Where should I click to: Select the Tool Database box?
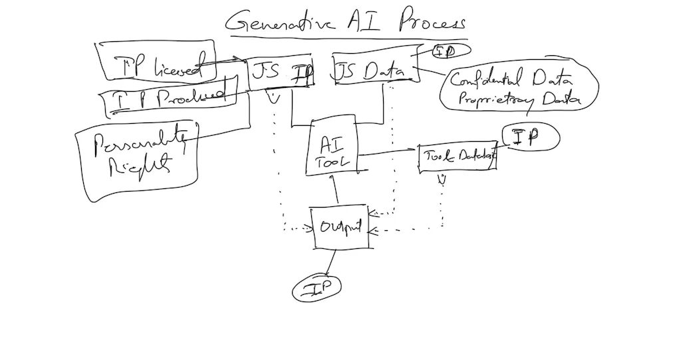point(458,157)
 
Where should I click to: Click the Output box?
point(339,228)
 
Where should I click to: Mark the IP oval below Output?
point(317,288)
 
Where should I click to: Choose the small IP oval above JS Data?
point(452,51)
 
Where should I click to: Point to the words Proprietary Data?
point(509,100)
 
